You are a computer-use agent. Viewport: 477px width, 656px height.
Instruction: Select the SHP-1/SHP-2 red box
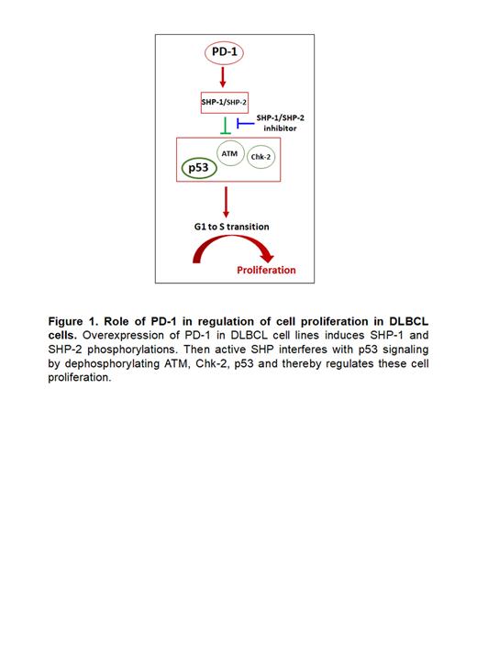(225, 102)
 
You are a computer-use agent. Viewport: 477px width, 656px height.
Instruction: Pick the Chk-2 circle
(262, 158)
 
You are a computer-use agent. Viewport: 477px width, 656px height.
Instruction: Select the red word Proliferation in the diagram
(267, 270)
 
